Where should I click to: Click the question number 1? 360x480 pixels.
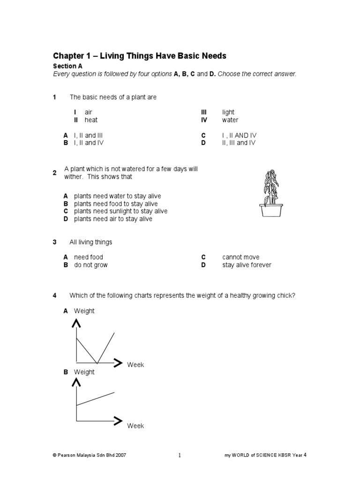tap(54, 97)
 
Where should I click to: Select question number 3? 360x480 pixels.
tap(54, 242)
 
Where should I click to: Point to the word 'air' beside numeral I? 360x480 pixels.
tap(89, 112)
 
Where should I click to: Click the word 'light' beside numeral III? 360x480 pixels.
tap(228, 112)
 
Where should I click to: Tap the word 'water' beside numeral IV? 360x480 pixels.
tap(230, 120)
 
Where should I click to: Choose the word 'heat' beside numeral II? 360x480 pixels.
tap(91, 120)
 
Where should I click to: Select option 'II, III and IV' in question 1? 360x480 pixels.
tap(239, 142)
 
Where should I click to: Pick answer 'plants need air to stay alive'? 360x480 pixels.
tap(113, 219)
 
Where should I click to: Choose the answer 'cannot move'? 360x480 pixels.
tap(240, 257)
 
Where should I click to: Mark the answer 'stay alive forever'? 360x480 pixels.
tap(247, 265)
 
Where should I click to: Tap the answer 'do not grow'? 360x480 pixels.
tap(91, 265)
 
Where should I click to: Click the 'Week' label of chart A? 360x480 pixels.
tap(135, 365)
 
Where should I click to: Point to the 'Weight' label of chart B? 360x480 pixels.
tap(84, 372)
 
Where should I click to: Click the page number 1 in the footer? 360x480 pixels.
tap(180, 455)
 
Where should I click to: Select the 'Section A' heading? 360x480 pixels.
tap(67, 67)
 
